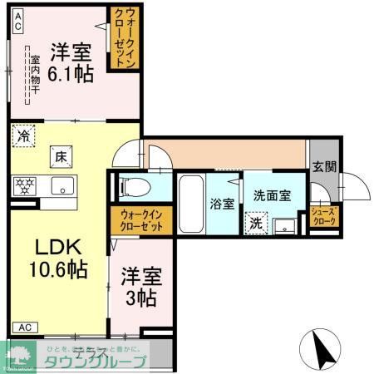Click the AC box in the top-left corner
click(x=17, y=27)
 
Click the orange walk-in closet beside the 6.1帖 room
click(x=125, y=38)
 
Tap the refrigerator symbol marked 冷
click(x=24, y=136)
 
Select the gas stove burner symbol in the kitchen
click(x=24, y=185)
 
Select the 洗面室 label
click(x=272, y=195)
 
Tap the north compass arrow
click(x=322, y=348)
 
